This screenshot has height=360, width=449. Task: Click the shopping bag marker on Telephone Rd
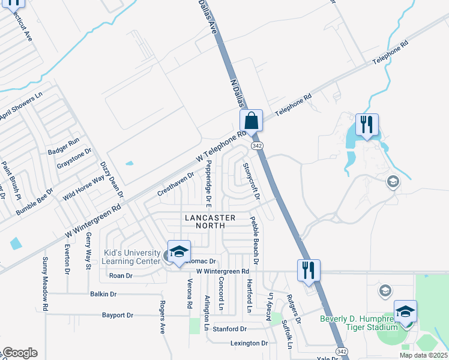click(252, 121)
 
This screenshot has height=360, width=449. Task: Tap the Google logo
click(20, 353)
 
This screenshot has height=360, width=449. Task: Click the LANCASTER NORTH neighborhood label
click(209, 221)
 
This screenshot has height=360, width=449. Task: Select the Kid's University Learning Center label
click(131, 257)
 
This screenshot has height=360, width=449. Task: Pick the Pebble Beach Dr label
click(254, 241)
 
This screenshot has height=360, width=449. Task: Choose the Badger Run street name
click(64, 142)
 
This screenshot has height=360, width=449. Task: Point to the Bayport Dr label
click(118, 314)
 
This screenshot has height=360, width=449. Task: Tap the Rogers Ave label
click(161, 317)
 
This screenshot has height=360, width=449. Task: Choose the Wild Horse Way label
click(88, 184)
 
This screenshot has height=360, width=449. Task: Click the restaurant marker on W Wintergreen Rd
click(309, 270)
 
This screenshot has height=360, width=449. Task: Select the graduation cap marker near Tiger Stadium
click(405, 311)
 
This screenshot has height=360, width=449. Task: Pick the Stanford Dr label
click(230, 329)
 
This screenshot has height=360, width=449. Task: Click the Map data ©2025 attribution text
click(423, 355)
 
